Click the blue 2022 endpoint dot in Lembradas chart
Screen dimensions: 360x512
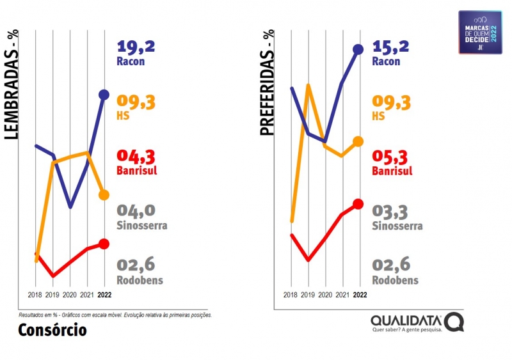coord(104,95)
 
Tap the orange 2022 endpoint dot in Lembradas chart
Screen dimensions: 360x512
coord(104,194)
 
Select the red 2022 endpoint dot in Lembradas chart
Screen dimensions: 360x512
coord(104,244)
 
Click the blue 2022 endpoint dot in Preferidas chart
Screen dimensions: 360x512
coord(358,49)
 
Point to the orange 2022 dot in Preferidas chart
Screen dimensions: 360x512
coord(358,141)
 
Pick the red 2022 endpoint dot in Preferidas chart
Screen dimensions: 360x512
coord(358,204)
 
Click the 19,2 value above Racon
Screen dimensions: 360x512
coord(136,47)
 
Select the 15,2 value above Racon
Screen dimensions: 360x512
coord(391,47)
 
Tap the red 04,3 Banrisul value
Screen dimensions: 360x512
coord(136,157)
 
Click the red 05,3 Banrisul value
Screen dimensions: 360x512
coord(391,157)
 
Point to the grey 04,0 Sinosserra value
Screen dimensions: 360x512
coord(136,211)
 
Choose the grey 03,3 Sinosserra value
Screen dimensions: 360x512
coord(391,211)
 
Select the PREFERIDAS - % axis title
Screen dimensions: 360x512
coord(268,83)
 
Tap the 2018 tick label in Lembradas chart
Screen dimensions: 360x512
coord(36,295)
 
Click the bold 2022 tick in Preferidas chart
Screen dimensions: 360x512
coord(360,295)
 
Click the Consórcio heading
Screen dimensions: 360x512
coord(52,331)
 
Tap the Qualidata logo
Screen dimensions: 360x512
coord(416,322)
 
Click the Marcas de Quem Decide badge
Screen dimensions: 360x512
coord(480,32)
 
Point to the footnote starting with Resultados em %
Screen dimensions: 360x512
coord(115,315)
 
